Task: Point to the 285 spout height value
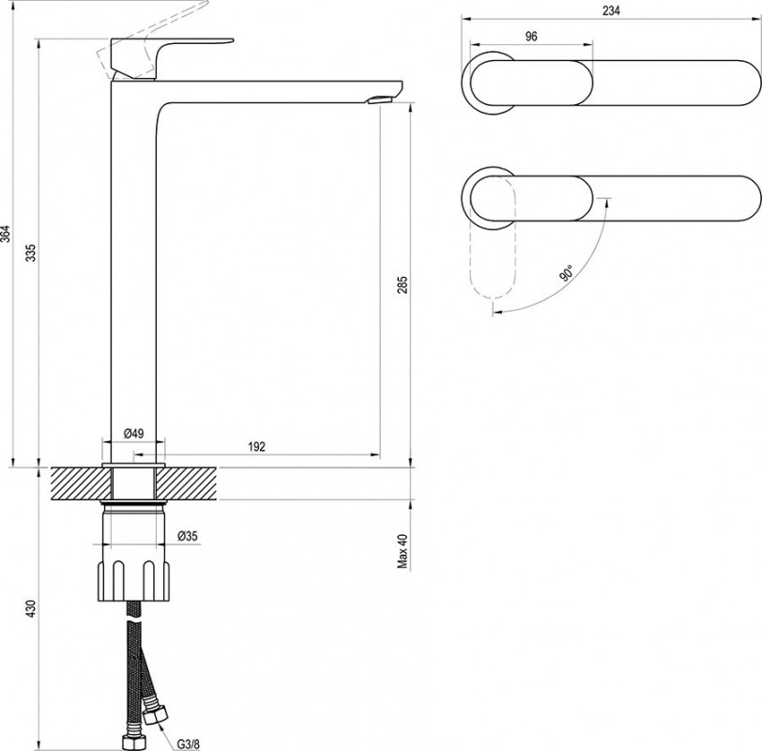click(x=403, y=284)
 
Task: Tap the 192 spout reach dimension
click(x=256, y=446)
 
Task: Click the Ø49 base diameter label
click(x=133, y=433)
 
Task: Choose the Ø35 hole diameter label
click(x=188, y=536)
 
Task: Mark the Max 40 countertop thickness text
click(x=403, y=550)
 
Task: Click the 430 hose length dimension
click(x=32, y=608)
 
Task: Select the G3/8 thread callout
click(x=188, y=743)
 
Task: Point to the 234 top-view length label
click(x=611, y=10)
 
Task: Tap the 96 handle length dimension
click(x=531, y=37)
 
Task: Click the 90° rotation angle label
click(x=566, y=273)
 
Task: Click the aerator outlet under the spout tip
click(x=379, y=100)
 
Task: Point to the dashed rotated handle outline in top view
click(x=494, y=238)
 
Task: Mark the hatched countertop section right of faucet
click(x=186, y=483)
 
